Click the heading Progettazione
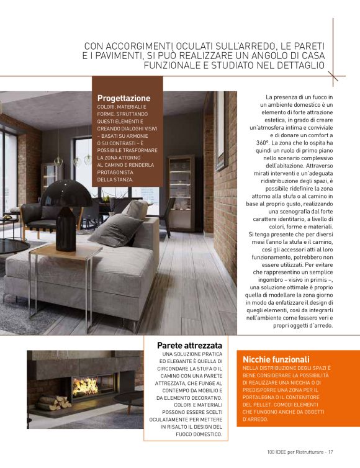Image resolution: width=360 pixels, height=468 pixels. click(x=124, y=98)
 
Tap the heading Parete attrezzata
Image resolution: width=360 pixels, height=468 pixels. click(x=190, y=344)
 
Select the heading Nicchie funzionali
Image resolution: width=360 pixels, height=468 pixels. click(x=276, y=359)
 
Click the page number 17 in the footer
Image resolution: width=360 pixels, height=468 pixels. click(x=331, y=451)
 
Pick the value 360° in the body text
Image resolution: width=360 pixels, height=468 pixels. click(x=264, y=142)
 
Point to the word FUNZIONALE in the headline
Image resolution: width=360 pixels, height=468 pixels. click(x=176, y=65)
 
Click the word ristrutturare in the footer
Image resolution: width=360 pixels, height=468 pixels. click(x=307, y=451)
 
